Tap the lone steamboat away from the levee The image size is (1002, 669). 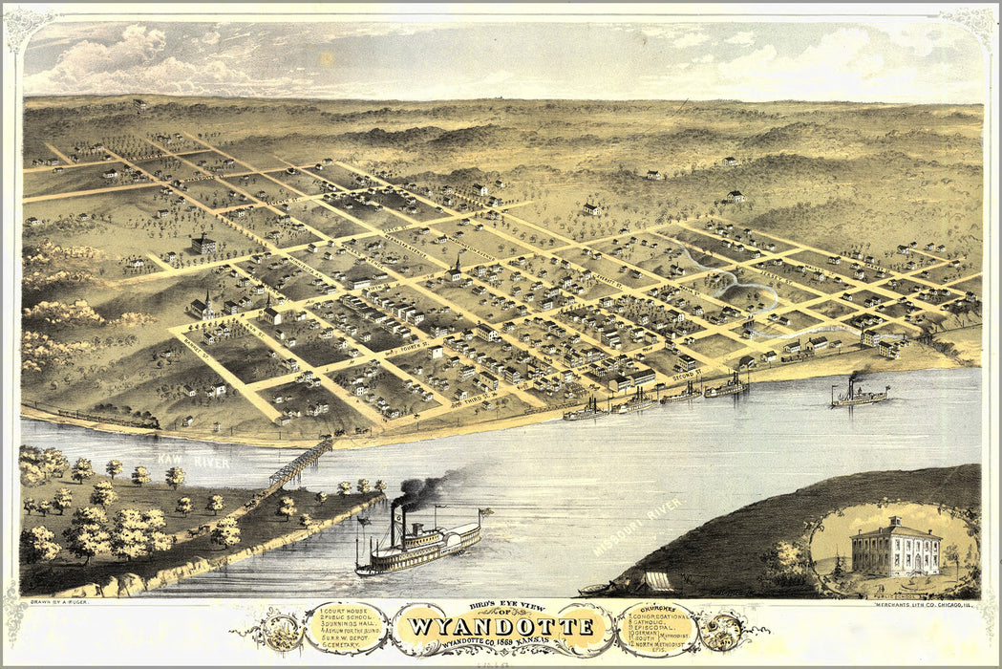pos(860,395)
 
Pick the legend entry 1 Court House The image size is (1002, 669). pos(332,609)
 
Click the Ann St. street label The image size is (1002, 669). pos(256,328)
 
